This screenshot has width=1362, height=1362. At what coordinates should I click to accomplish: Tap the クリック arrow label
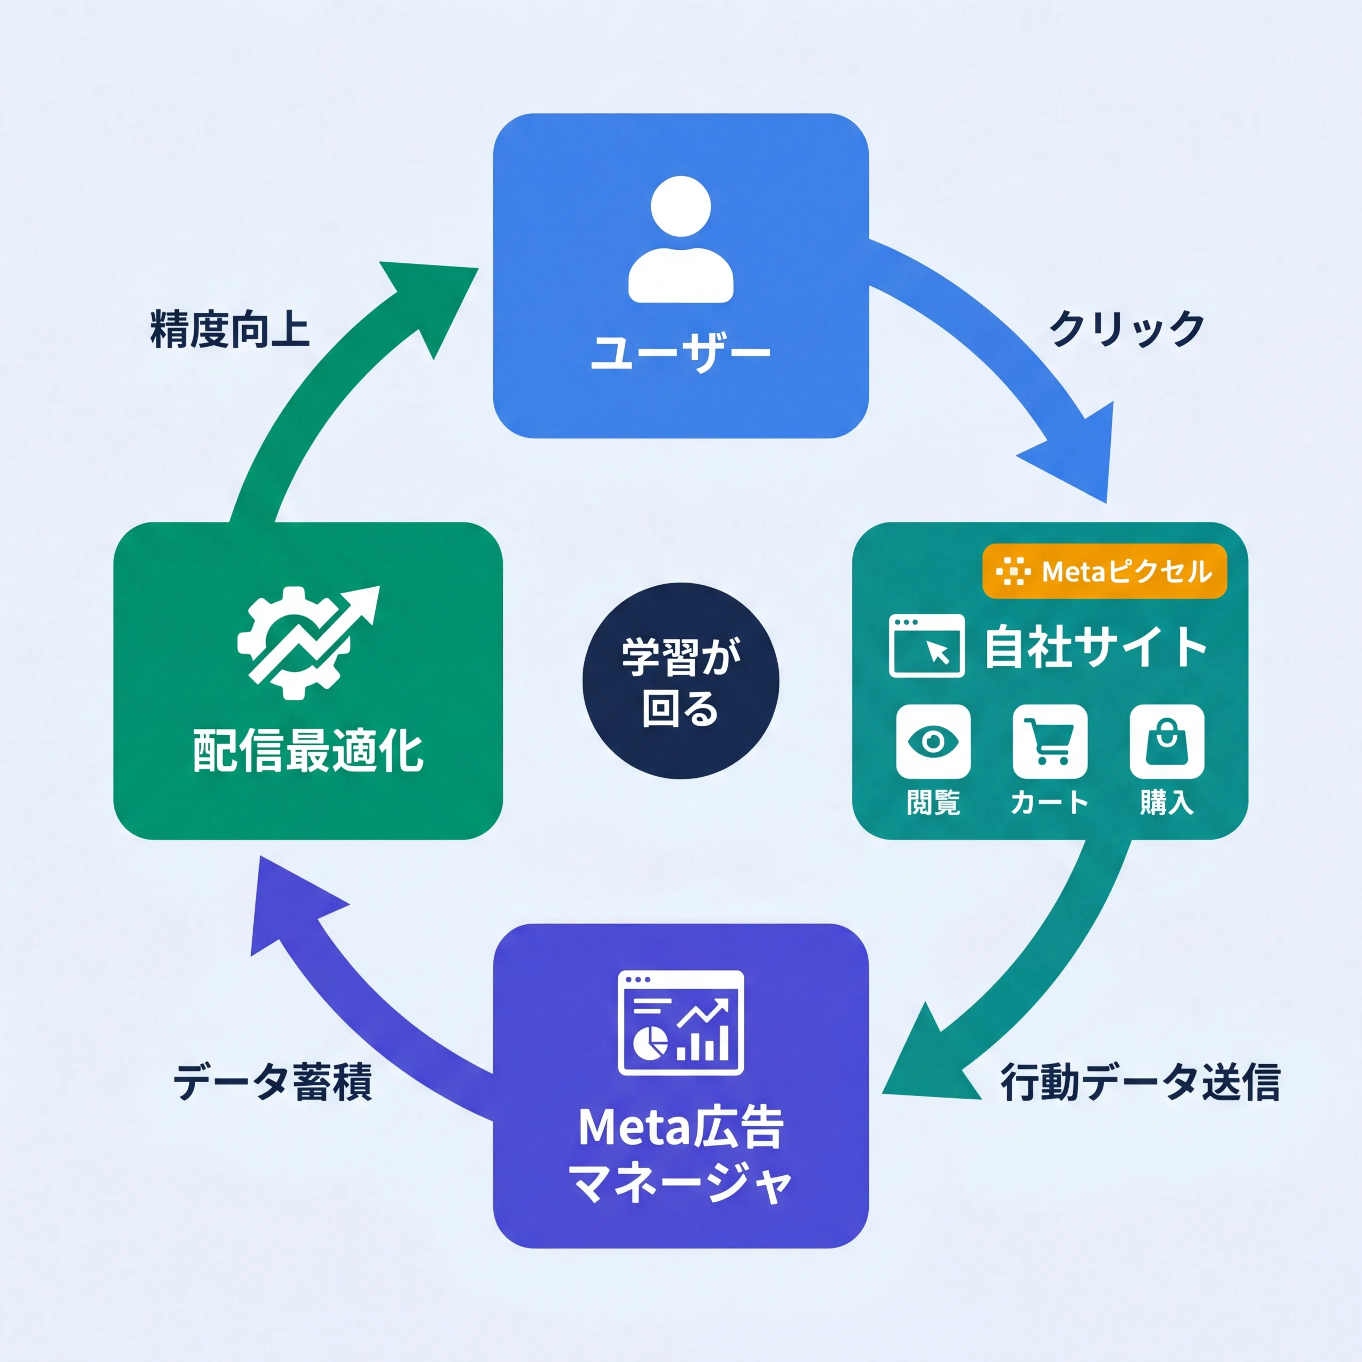(1126, 328)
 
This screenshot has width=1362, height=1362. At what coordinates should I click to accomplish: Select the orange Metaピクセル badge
(1104, 571)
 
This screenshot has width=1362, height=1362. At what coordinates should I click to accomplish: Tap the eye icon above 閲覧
(933, 741)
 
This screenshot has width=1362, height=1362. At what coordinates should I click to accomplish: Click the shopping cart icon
(1049, 741)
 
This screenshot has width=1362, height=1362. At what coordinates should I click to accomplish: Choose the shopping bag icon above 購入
(1166, 741)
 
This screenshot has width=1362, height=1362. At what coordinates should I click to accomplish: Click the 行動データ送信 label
(1140, 1083)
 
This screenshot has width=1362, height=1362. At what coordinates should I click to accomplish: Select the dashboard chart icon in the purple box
(680, 1022)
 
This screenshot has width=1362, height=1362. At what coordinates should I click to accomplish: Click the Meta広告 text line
(680, 1128)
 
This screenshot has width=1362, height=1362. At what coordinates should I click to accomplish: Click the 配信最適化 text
(308, 752)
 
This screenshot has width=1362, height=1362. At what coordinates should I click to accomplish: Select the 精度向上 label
(230, 328)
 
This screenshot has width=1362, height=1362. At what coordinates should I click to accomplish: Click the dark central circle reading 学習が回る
(680, 681)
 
